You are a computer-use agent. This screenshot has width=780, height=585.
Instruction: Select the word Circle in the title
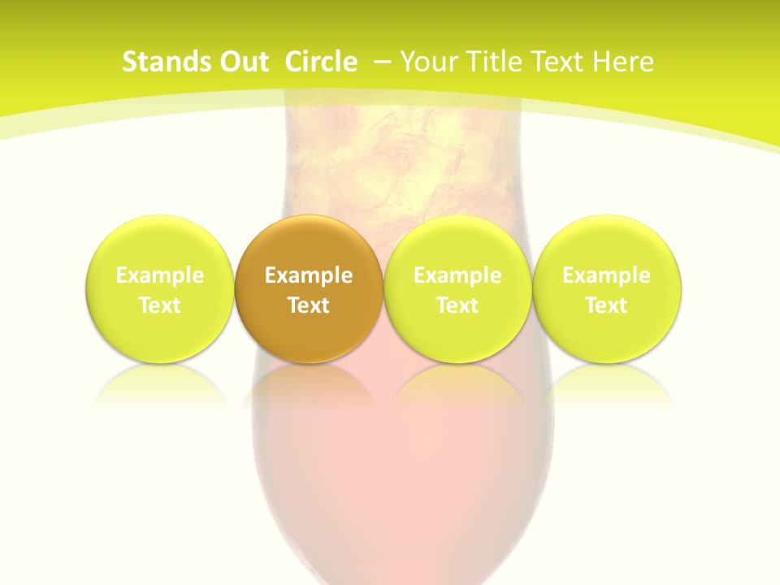click(321, 62)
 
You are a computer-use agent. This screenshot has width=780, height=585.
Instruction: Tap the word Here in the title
click(624, 62)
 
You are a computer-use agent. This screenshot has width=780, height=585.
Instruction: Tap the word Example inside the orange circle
click(309, 275)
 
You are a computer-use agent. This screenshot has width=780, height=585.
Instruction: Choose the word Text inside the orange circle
click(309, 305)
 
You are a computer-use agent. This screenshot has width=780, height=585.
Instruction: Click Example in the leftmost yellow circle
click(160, 275)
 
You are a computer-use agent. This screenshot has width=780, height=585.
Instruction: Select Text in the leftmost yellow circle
click(160, 305)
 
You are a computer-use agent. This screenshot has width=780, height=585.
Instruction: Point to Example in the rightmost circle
click(606, 275)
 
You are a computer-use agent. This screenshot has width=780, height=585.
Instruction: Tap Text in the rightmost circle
click(606, 305)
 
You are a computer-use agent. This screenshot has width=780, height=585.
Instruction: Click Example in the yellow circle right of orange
click(457, 275)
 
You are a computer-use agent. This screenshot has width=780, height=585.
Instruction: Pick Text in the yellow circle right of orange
click(457, 305)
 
